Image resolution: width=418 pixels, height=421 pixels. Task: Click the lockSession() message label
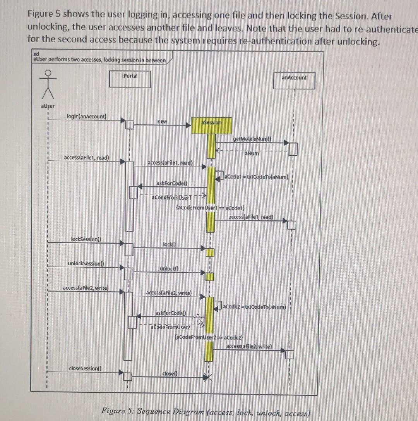86,240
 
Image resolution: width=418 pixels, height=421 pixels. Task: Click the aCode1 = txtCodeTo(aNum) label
258,177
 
